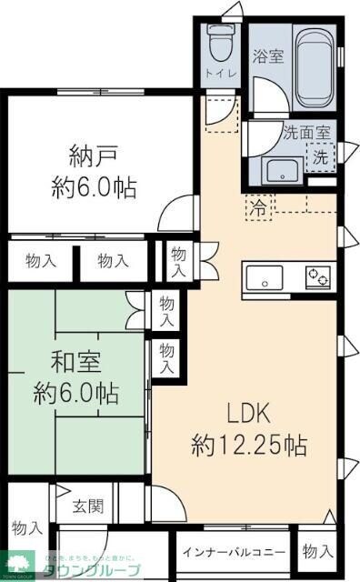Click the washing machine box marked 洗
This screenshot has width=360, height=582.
pos(320,156)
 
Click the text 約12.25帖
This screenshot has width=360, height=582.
pos(248,447)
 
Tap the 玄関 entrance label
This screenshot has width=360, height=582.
pos(87,506)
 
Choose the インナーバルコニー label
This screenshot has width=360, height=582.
pos(234,552)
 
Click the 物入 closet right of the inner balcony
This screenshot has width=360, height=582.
pos(317,551)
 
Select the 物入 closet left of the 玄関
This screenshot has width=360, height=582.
pos(26,527)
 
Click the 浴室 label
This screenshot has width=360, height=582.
pos(267,56)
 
